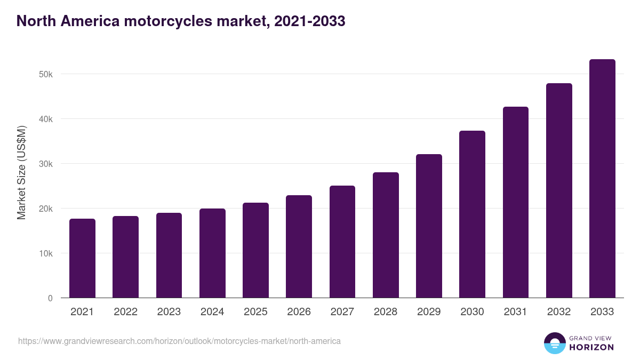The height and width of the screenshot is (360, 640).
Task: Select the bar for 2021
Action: [x=82, y=258]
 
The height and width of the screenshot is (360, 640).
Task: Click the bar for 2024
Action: [x=212, y=253]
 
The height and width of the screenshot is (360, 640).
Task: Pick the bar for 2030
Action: [x=472, y=214]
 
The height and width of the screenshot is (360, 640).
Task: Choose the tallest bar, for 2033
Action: [x=602, y=179]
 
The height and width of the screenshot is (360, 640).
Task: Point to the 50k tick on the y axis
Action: [x=46, y=74]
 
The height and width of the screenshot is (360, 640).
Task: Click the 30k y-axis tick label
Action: [x=46, y=164]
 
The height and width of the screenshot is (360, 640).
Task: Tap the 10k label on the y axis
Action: [x=46, y=253]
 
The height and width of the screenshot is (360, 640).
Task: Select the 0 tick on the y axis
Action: [x=50, y=298]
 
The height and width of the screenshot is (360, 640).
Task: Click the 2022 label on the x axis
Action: [x=125, y=312]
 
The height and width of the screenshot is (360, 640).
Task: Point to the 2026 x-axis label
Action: [x=299, y=312]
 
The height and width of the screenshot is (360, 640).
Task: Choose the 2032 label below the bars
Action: [x=559, y=312]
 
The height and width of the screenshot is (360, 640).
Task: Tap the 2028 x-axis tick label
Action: [x=386, y=312]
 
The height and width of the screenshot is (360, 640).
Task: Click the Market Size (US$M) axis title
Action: [x=21, y=172]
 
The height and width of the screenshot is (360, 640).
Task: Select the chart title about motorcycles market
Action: [x=181, y=21]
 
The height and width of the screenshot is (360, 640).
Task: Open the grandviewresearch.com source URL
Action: [x=179, y=341]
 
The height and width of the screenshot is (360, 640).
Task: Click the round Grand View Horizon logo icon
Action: [x=554, y=343]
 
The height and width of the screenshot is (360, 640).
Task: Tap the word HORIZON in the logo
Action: [x=591, y=347]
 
